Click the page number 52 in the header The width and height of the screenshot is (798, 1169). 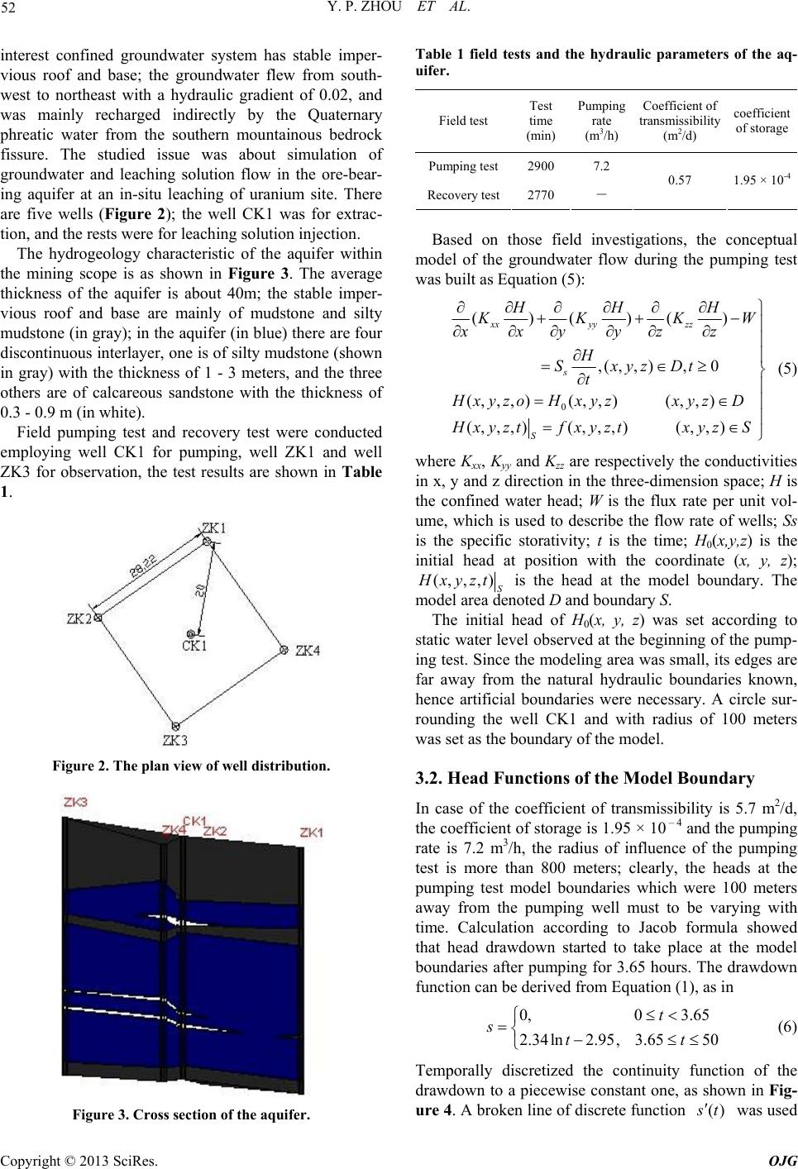[x=12, y=11]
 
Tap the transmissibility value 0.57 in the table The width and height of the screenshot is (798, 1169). [x=679, y=179]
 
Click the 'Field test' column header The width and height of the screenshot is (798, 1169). [x=464, y=120]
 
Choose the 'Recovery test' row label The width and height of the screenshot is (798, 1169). [x=464, y=195]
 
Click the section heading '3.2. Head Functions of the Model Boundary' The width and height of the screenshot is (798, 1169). [x=582, y=778]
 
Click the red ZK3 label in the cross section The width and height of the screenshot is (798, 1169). [x=76, y=803]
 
